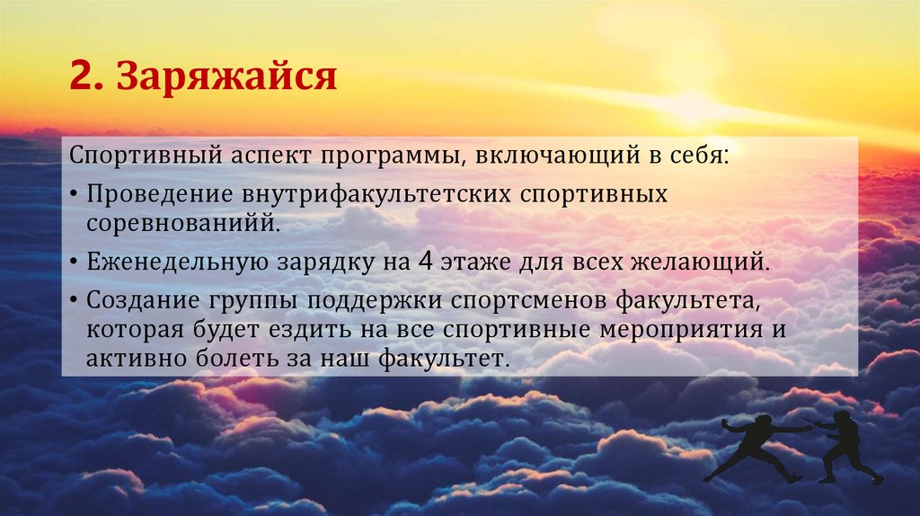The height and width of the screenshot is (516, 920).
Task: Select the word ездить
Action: tap(307, 329)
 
